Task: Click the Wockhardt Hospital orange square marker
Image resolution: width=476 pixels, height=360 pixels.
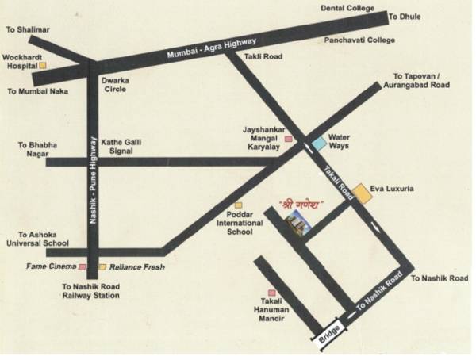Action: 44,67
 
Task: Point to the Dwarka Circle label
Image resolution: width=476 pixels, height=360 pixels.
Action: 114,85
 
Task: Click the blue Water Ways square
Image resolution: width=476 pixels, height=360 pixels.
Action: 318,143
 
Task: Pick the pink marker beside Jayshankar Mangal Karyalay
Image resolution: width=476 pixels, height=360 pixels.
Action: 289,140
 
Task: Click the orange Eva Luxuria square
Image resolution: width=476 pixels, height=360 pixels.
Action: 362,193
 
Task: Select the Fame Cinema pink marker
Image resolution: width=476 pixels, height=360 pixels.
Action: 82,267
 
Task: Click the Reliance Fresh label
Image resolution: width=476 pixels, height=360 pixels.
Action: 136,267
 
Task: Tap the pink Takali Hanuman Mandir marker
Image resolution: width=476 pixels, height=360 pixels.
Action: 272,293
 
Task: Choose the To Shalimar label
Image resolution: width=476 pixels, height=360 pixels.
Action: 28,30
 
